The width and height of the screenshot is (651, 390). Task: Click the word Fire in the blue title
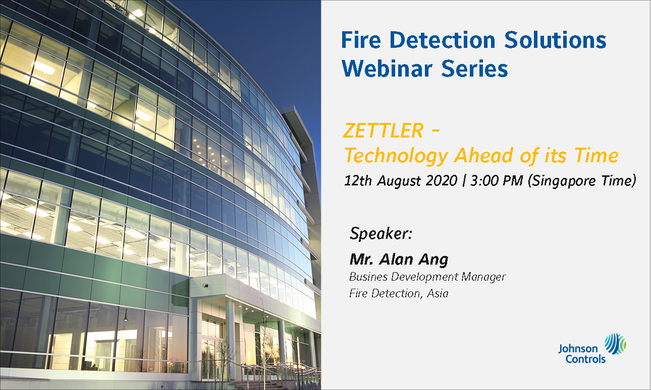(361, 40)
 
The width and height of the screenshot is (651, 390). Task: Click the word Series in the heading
(474, 69)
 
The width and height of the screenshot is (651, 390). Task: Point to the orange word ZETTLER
(383, 131)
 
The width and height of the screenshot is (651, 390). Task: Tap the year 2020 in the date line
(442, 180)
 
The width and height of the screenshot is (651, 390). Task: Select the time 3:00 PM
(497, 180)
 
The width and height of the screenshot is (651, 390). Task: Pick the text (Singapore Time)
(582, 181)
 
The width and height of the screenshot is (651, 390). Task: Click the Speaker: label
(381, 233)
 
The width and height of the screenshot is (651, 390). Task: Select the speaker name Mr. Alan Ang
(399, 259)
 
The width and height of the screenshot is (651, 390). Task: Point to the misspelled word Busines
(368, 277)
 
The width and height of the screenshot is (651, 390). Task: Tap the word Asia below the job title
(438, 293)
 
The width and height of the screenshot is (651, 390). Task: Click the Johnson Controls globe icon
(615, 344)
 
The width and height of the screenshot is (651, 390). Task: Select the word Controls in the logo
(585, 359)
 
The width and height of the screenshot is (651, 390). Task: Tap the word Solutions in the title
(555, 40)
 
